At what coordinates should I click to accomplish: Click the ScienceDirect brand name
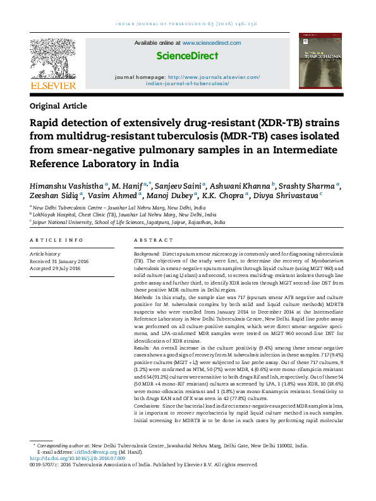[188, 56]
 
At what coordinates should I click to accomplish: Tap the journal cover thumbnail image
[320, 64]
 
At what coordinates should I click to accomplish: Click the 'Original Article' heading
[58, 106]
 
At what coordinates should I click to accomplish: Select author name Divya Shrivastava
[289, 196]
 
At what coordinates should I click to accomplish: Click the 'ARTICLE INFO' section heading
[56, 240]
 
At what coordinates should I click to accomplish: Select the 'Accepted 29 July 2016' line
[56, 268]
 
